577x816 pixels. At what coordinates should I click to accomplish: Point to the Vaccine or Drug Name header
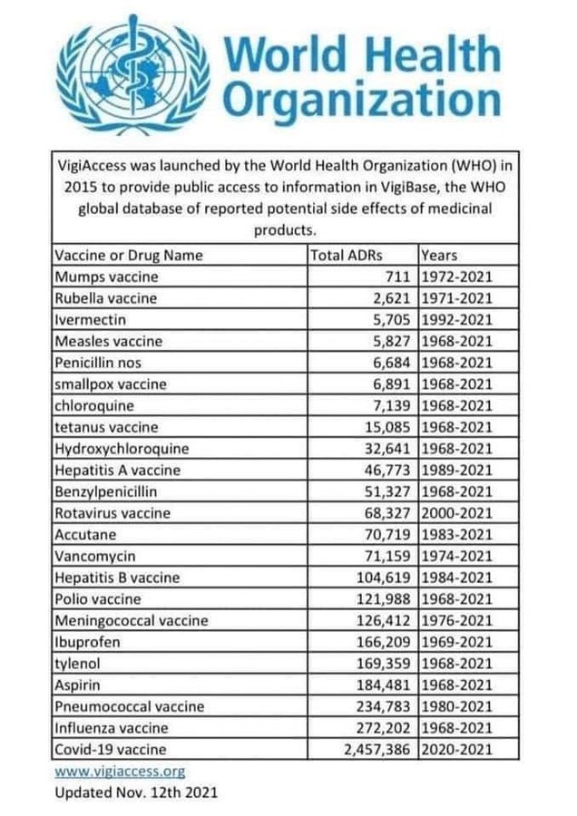tap(129, 255)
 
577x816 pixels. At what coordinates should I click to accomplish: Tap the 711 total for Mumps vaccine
tap(399, 277)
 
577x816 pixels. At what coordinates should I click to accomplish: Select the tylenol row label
tap(79, 664)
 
